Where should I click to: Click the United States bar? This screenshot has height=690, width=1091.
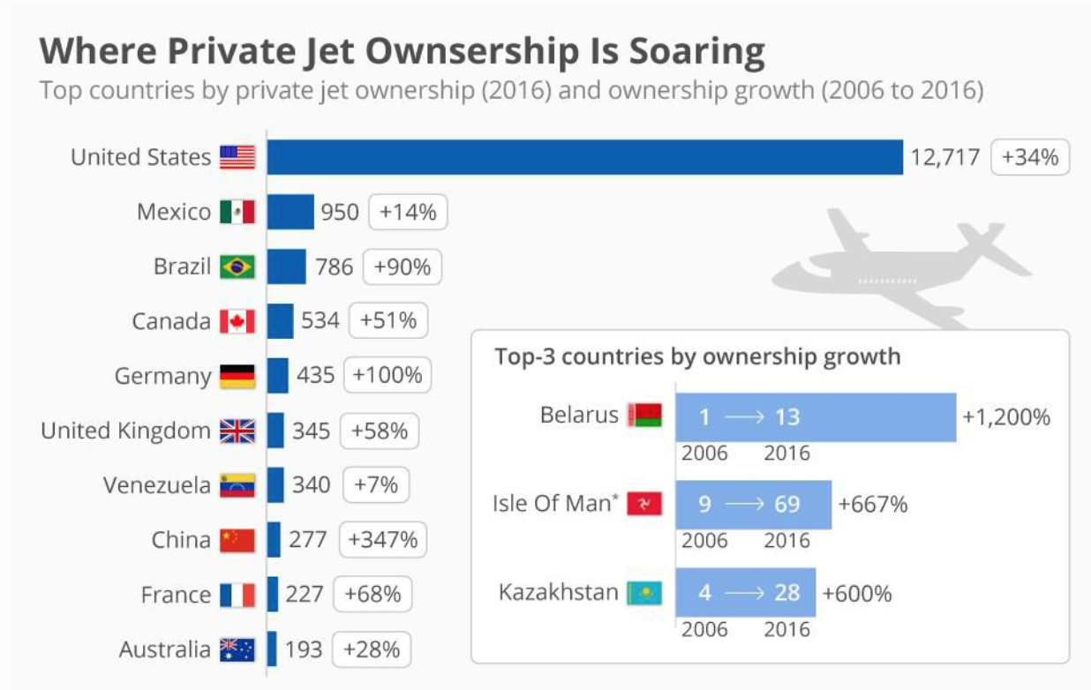point(584,157)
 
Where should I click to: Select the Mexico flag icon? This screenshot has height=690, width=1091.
point(237,212)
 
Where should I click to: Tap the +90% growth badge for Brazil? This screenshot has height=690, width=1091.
point(403,266)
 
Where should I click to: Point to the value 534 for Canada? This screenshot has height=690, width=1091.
point(320,320)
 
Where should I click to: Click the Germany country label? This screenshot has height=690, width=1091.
point(163,377)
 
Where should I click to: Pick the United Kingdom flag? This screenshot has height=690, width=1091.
point(237,431)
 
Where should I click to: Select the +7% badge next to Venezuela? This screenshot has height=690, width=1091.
point(376,484)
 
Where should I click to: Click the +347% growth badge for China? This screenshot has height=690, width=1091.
point(383,539)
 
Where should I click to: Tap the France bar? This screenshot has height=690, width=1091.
point(273,594)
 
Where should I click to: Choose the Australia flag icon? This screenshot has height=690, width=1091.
point(237,650)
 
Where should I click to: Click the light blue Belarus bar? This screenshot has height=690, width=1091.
point(816,416)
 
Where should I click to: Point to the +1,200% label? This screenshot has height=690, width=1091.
point(1006,416)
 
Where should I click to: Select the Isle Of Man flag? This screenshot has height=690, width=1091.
point(644,505)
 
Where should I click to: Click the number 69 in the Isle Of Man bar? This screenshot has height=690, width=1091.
point(787,505)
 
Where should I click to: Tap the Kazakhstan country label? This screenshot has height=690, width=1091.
point(559,591)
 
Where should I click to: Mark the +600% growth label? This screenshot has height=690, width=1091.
point(857,593)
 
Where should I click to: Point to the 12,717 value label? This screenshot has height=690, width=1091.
point(945,157)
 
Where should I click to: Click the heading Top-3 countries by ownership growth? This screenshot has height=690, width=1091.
point(697,356)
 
